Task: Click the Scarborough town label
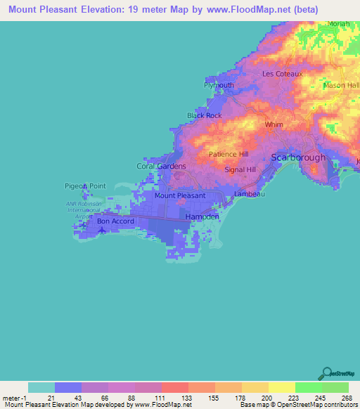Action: click(299, 158)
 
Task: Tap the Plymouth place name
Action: click(219, 85)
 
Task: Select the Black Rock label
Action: click(204, 115)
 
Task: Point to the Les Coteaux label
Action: click(282, 74)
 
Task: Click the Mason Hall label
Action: click(342, 86)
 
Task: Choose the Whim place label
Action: click(274, 124)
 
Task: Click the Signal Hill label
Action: click(240, 170)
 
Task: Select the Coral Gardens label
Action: click(161, 167)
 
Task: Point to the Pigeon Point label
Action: click(84, 186)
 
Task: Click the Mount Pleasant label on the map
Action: click(180, 196)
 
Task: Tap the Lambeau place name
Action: click(250, 194)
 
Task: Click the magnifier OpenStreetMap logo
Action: click(327, 374)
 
